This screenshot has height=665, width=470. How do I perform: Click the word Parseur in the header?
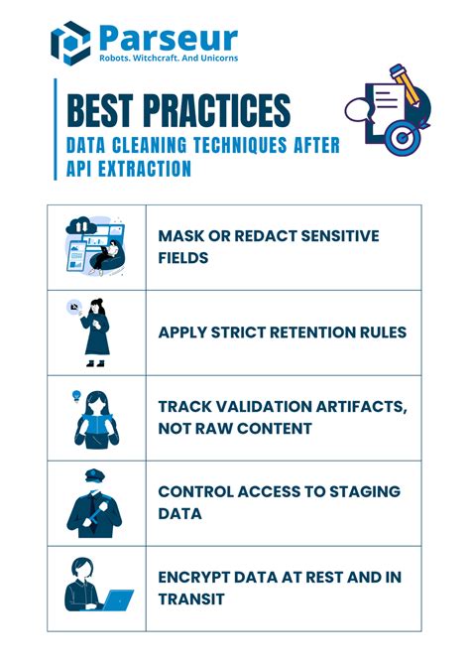point(168,38)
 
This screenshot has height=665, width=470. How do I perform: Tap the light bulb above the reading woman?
point(74,396)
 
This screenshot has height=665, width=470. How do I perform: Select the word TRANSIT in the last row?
point(191,599)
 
